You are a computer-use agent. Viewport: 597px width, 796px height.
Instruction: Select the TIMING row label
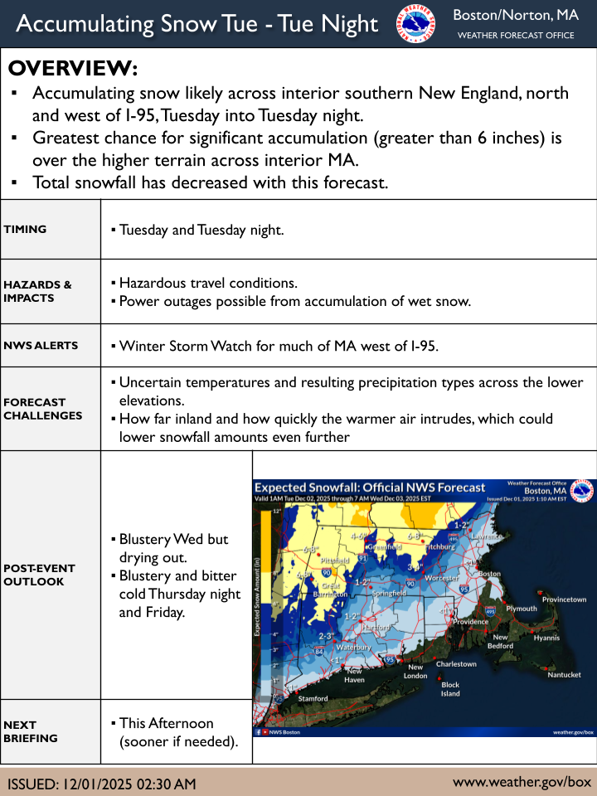coord(25,230)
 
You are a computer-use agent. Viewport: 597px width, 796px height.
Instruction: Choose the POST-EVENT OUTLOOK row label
coord(39,575)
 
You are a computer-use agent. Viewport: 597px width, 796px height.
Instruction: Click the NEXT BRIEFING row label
coord(32,731)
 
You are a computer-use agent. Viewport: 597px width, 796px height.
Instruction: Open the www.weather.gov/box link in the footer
coord(522,782)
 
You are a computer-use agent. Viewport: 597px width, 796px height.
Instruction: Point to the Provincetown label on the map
coord(563,599)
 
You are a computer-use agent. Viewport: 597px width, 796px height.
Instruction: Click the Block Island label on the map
coord(450,689)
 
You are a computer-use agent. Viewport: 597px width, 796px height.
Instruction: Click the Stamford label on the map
coord(313,699)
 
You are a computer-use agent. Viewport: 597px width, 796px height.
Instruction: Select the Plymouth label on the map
coord(522,609)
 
